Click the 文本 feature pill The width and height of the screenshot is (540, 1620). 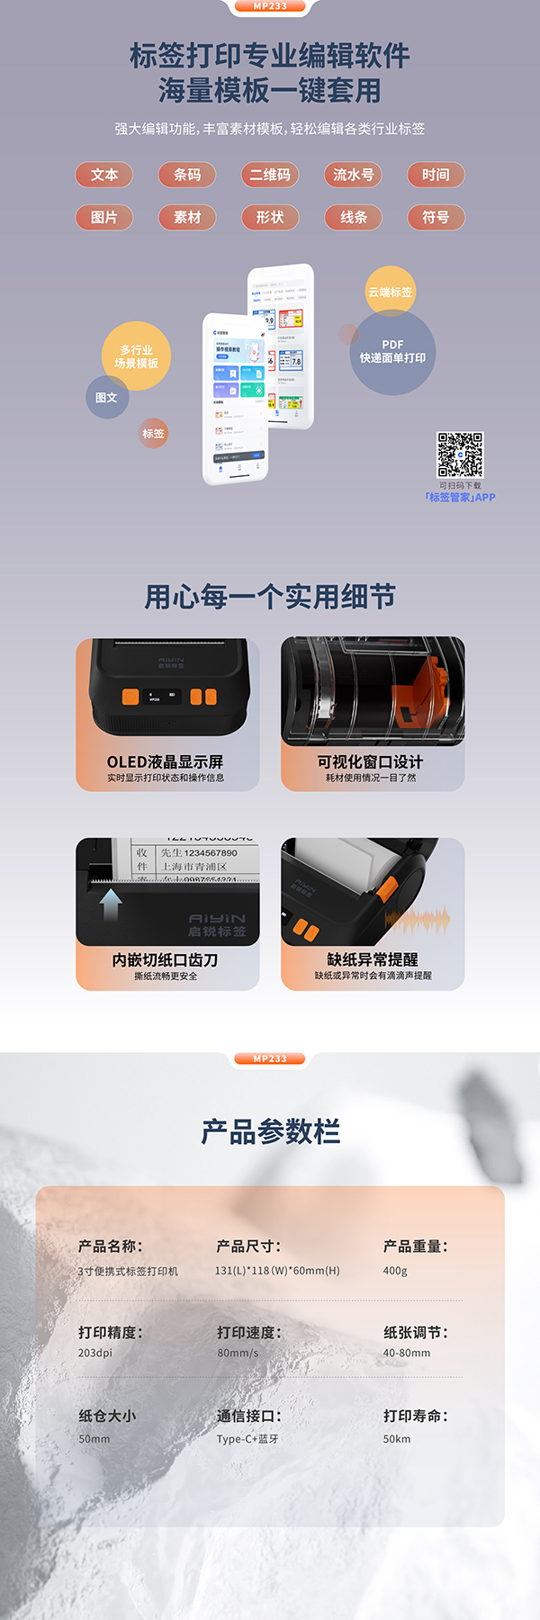[x=104, y=175]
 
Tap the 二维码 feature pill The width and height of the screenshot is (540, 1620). [x=270, y=175]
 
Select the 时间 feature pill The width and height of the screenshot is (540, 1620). [x=436, y=175]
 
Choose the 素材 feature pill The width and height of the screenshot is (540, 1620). [x=187, y=217]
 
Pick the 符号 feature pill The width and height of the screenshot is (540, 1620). [x=436, y=217]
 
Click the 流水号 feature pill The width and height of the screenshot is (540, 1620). [x=353, y=175]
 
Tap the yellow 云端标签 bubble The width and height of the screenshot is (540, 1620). [x=390, y=292]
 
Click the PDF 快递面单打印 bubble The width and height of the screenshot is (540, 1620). [x=392, y=352]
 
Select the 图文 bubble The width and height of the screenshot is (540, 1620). [x=106, y=397]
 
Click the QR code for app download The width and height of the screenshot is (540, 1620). [x=460, y=454]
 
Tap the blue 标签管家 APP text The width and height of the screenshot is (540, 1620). [x=460, y=497]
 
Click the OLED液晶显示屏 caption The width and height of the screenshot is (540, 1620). [x=165, y=762]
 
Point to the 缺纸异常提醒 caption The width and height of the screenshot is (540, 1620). [x=372, y=959]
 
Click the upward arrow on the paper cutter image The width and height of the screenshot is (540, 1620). [x=111, y=904]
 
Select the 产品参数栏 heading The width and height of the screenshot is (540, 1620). [x=270, y=1131]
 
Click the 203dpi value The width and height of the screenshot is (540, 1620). [x=95, y=1353]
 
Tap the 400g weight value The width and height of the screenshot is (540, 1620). [x=395, y=1271]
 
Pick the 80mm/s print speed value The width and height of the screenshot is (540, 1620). [x=238, y=1353]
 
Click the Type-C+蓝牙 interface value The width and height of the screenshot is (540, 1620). [x=247, y=1439]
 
